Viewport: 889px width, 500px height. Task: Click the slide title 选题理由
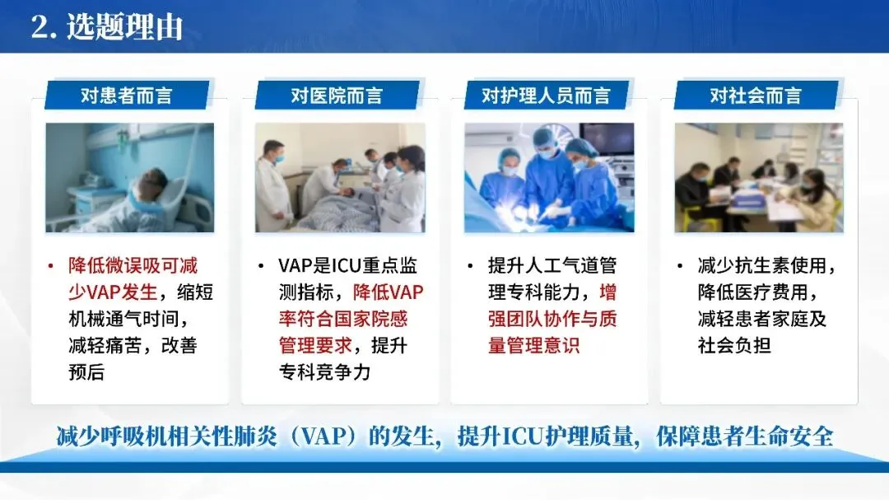coord(125,27)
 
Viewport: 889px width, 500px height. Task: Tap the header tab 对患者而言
coord(127,95)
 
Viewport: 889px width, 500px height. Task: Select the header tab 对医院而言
coord(337,95)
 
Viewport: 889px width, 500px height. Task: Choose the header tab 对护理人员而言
coord(547,95)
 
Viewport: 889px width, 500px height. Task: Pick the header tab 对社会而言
coord(756,95)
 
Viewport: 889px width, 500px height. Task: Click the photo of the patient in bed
coord(130,178)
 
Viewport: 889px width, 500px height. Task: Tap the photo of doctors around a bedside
coord(340,178)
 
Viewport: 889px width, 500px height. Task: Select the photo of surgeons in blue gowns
coord(549,178)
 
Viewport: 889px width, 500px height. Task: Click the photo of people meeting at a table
coord(759,178)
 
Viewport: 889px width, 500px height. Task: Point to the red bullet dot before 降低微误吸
coord(51,265)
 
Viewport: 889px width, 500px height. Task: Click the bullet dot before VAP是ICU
coord(261,265)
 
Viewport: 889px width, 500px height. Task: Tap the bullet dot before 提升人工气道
coord(471,265)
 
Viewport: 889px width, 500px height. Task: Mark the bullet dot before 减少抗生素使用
coord(681,265)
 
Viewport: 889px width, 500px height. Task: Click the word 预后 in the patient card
coord(86,372)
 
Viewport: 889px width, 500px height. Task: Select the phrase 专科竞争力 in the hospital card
coord(324,372)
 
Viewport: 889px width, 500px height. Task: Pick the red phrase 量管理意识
coord(534,346)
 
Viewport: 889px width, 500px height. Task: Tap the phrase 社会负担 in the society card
coord(734,346)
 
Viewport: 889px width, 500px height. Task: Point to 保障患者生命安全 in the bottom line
coord(745,437)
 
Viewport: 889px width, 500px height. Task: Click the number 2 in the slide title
coord(40,27)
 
